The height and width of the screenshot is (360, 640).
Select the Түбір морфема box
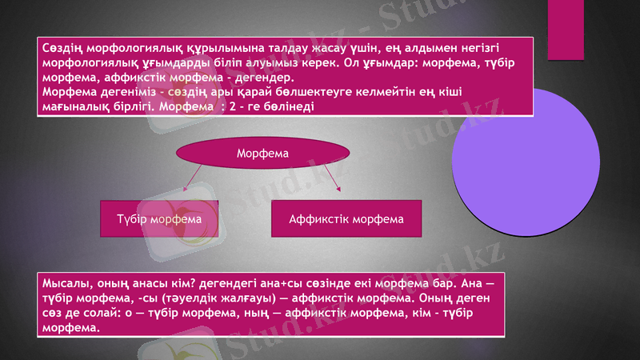(158, 218)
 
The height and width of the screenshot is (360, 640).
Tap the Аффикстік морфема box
(346, 218)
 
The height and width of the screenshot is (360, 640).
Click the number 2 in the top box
(231, 106)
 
